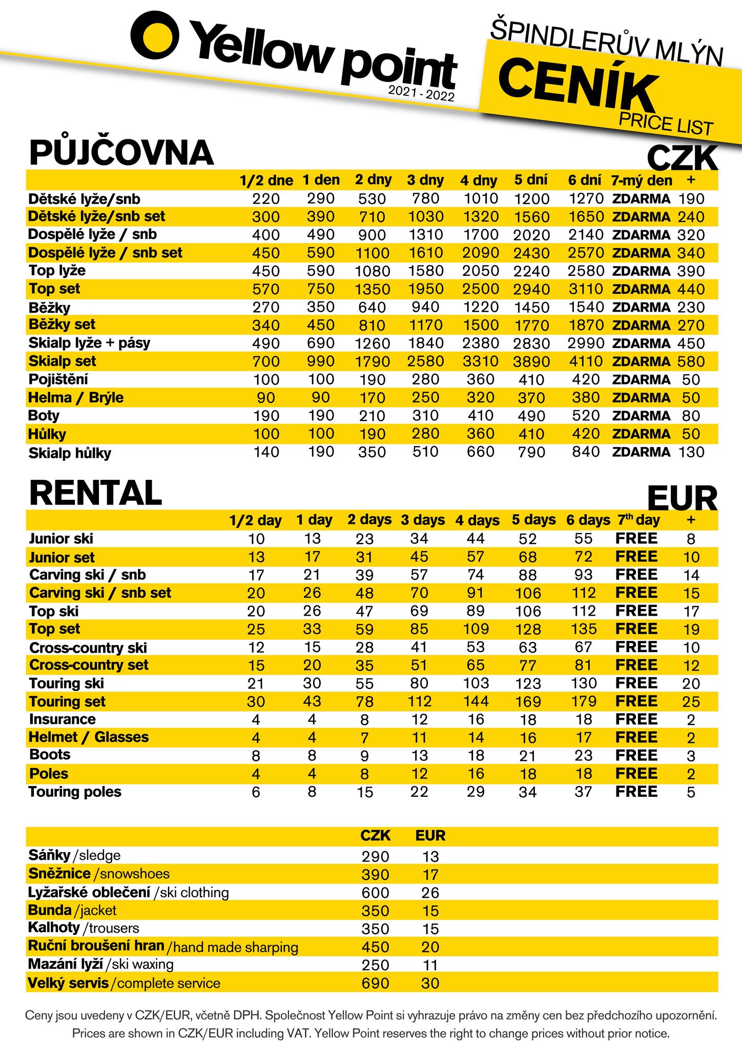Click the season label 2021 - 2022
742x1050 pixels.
421,93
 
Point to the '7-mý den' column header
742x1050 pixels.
641,180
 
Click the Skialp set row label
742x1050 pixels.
62,361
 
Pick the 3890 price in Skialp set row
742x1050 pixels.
531,362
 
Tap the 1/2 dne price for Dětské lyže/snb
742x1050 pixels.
266,199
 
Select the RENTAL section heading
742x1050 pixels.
95,493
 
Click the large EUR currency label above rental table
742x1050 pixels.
682,498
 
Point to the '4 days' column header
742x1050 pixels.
477,520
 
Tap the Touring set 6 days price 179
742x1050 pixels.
584,701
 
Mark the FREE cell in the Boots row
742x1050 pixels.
636,755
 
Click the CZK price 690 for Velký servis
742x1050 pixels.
375,983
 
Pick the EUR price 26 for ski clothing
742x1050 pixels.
430,893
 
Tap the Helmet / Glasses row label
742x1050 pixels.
89,737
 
